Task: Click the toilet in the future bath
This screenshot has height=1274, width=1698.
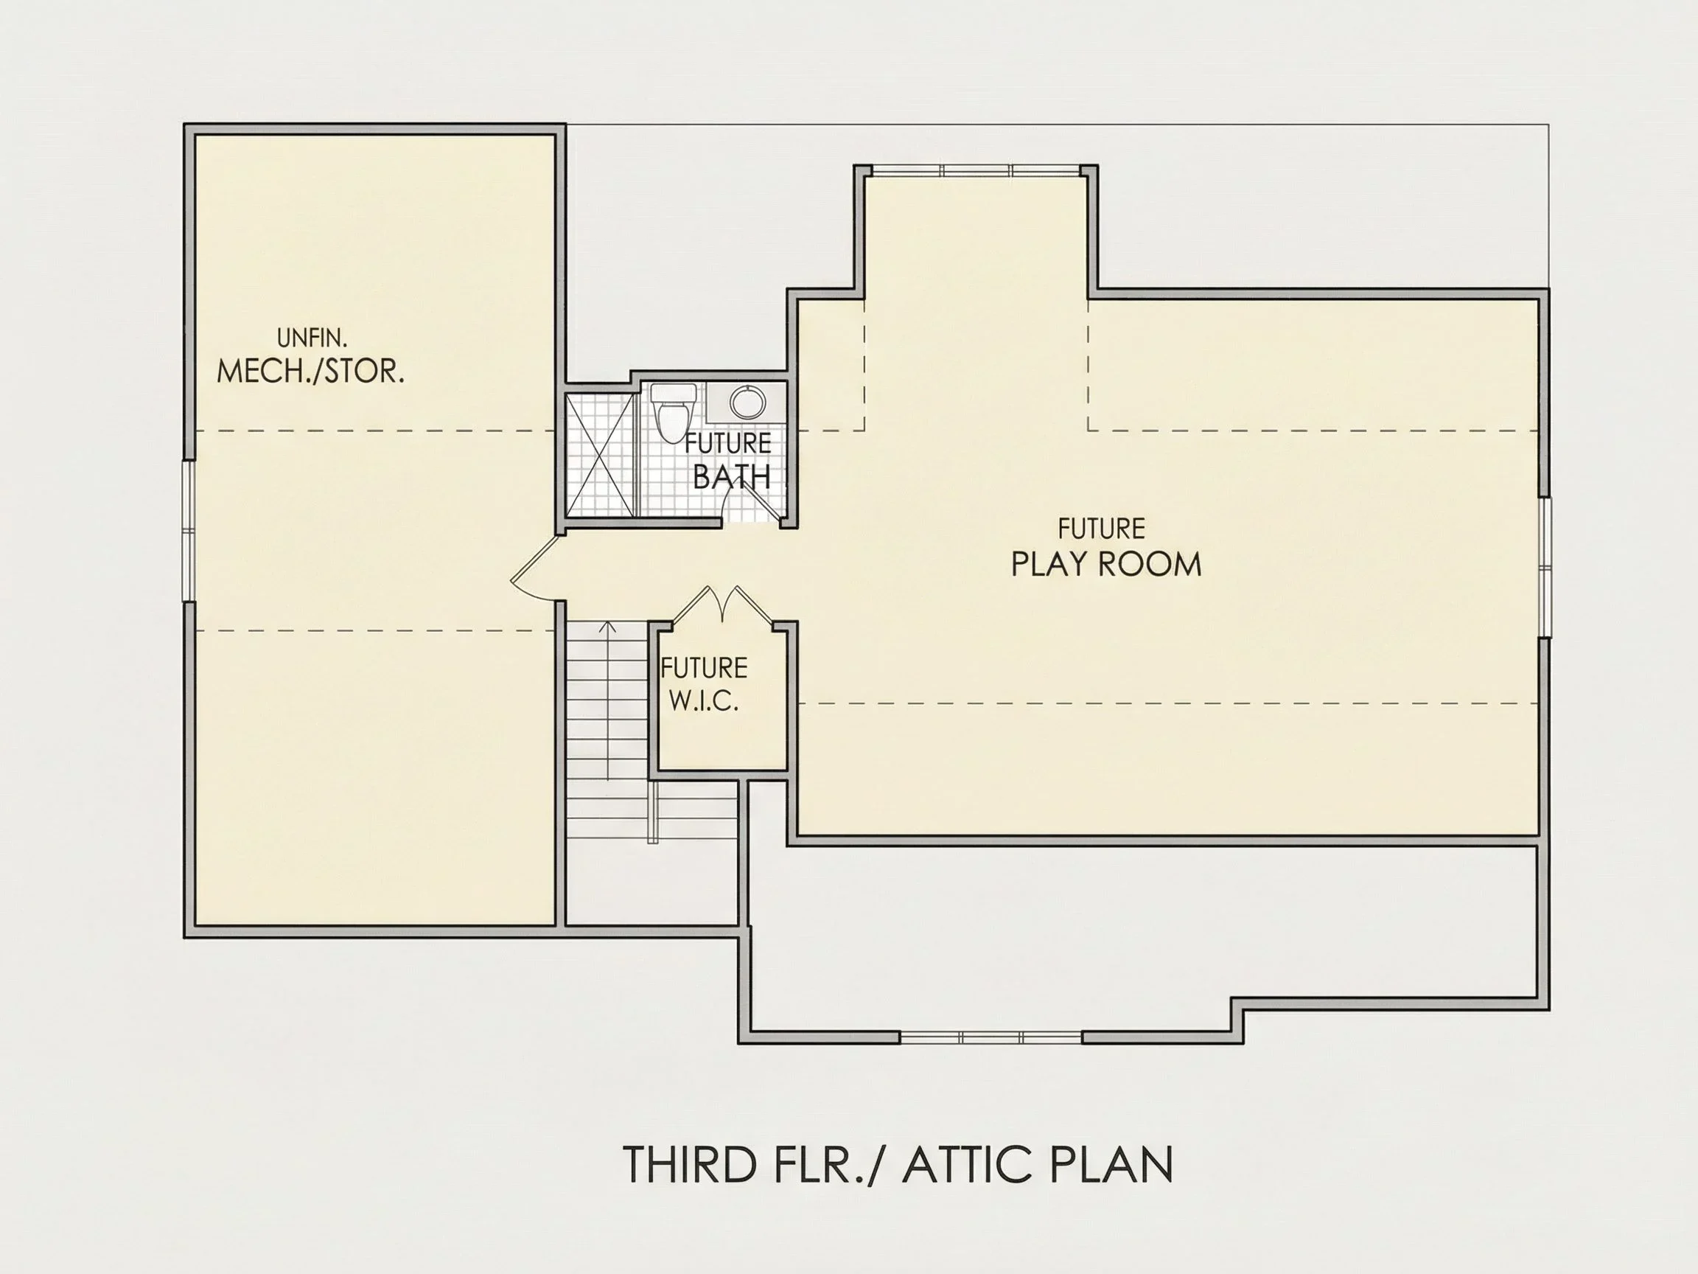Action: pos(673,412)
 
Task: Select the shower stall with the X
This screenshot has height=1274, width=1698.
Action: pos(601,456)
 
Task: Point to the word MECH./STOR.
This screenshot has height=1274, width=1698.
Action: pos(310,372)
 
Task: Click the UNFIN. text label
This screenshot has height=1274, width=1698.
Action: pos(312,338)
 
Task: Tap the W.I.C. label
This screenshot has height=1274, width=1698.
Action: pos(704,702)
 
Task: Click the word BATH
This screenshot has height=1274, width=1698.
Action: pos(732,477)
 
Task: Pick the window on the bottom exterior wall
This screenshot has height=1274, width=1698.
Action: pos(990,1037)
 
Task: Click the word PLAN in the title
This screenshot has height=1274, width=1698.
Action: pos(1111,1164)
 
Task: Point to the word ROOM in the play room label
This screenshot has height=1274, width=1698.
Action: pos(1150,565)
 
